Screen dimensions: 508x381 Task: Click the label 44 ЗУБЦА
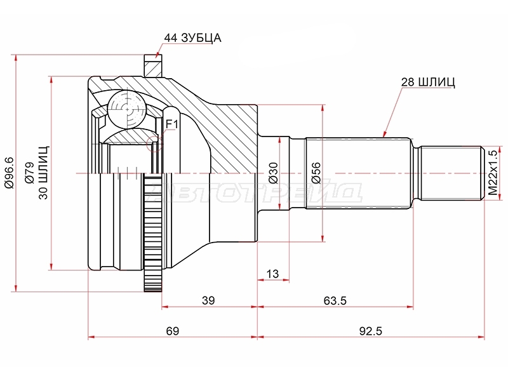tap(192, 38)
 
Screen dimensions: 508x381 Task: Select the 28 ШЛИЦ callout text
tap(428, 82)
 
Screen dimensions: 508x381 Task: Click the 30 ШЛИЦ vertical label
tap(43, 173)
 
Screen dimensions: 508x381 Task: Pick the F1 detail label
tap(172, 124)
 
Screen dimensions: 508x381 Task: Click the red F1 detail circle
tap(154, 144)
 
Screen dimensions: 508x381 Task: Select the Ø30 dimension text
tap(274, 173)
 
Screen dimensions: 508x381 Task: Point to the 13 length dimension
tap(272, 274)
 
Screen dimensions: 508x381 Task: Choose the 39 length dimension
tap(208, 300)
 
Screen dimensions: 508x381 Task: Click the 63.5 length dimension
tap(335, 300)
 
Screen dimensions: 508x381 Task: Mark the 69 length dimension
tap(172, 331)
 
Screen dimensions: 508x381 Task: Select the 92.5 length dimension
tap(371, 331)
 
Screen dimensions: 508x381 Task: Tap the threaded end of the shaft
tap(451, 173)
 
